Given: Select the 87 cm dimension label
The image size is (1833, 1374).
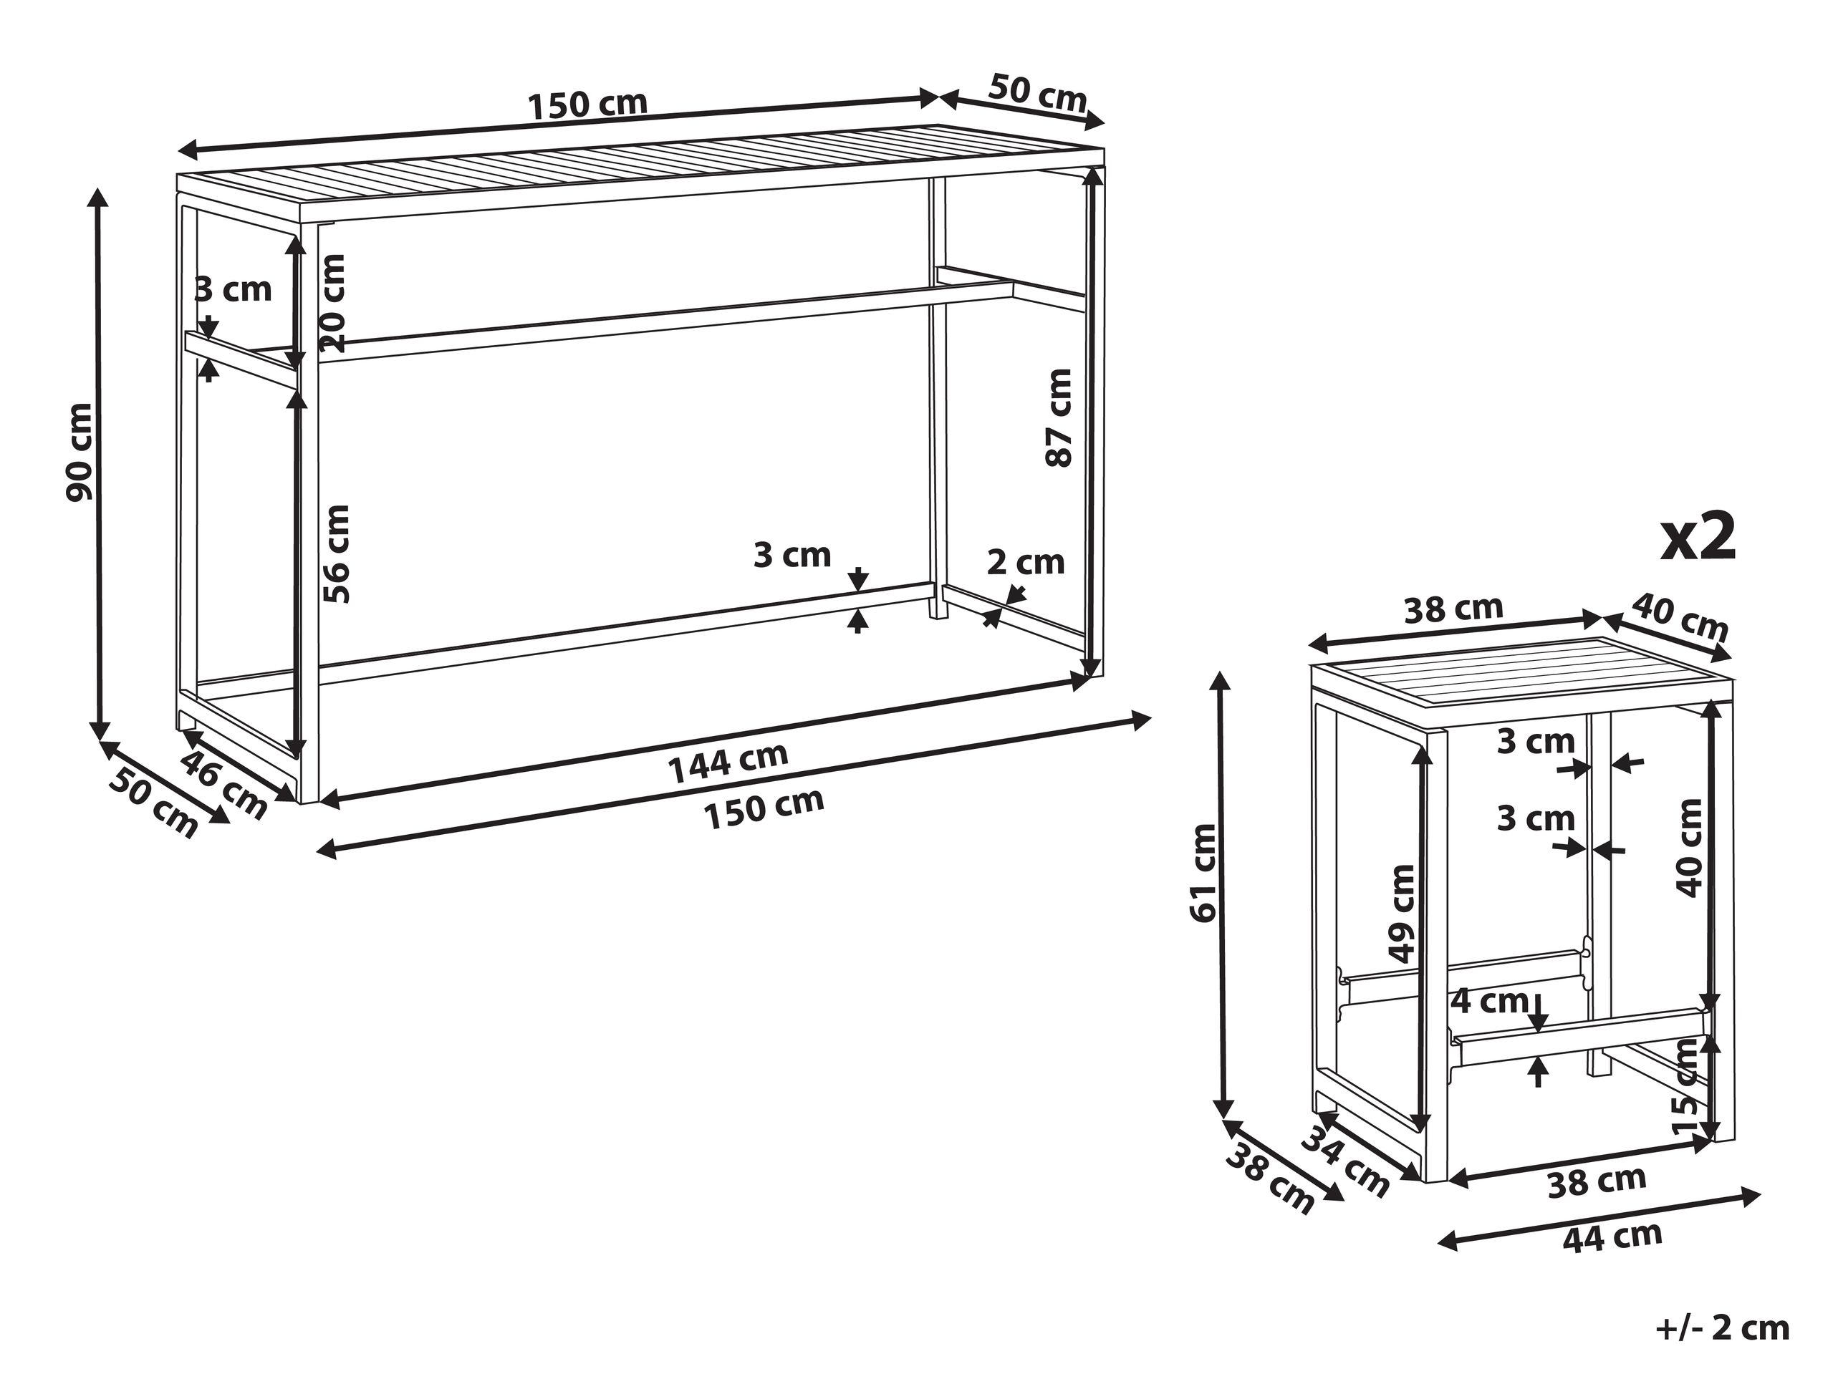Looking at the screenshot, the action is [1058, 417].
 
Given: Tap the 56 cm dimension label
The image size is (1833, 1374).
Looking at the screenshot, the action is [337, 554].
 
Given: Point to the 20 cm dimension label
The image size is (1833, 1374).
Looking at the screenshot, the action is [332, 303].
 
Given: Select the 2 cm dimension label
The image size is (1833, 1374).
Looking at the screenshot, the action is [1025, 562].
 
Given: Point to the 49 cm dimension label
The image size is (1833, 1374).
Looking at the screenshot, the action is [1401, 914].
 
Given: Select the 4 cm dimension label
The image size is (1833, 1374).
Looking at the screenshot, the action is [1489, 1000].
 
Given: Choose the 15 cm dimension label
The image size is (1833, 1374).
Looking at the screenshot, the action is [1686, 1087].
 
